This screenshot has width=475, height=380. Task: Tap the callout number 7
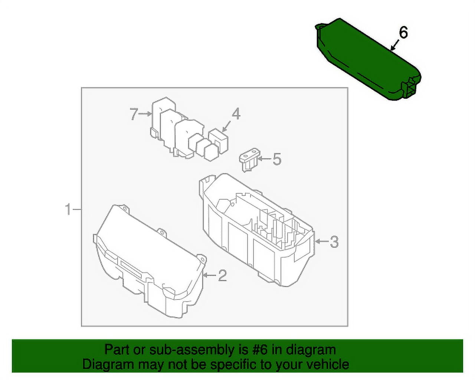[134, 114]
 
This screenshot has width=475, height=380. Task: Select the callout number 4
[236, 114]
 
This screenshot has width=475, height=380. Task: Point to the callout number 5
[277, 160]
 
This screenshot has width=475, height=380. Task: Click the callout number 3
[334, 242]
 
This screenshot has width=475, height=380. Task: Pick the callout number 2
[222, 275]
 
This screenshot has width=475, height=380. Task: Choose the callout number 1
[68, 209]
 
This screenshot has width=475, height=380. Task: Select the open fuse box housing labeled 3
[256, 230]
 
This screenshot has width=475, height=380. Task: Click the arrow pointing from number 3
[321, 242]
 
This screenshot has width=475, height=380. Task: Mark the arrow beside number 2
[210, 275]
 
